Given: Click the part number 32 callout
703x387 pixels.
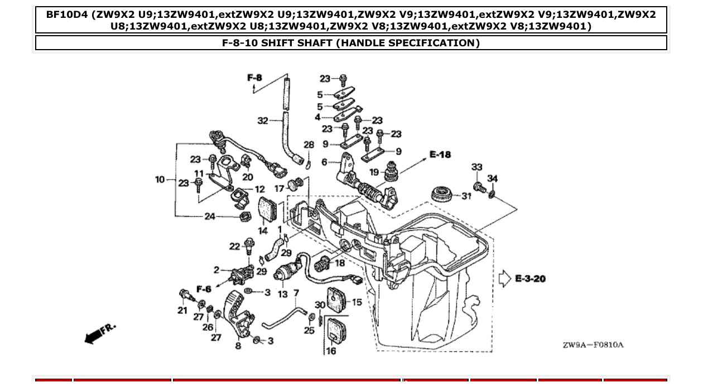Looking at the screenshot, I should [262, 120].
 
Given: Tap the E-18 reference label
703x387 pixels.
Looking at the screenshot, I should [440, 154].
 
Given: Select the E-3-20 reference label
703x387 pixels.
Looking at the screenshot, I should [529, 278].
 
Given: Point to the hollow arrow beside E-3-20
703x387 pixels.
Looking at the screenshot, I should [504, 278].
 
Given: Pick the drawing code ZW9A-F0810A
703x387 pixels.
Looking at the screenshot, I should [593, 345].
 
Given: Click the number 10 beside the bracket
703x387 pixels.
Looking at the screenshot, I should [160, 180].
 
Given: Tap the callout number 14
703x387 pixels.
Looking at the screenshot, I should [263, 230].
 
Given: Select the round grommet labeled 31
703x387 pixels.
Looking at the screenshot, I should [444, 196].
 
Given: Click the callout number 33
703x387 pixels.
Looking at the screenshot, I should [476, 167].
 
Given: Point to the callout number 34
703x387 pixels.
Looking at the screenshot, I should [492, 178].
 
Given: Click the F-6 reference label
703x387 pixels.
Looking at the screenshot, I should [204, 289].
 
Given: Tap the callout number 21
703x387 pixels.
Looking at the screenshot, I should [182, 310].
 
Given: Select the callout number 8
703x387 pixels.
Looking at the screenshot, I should [238, 346].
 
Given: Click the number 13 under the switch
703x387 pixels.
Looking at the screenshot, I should [283, 294].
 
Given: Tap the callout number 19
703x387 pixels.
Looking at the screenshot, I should [374, 172].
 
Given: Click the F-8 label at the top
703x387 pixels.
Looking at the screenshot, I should [254, 78].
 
